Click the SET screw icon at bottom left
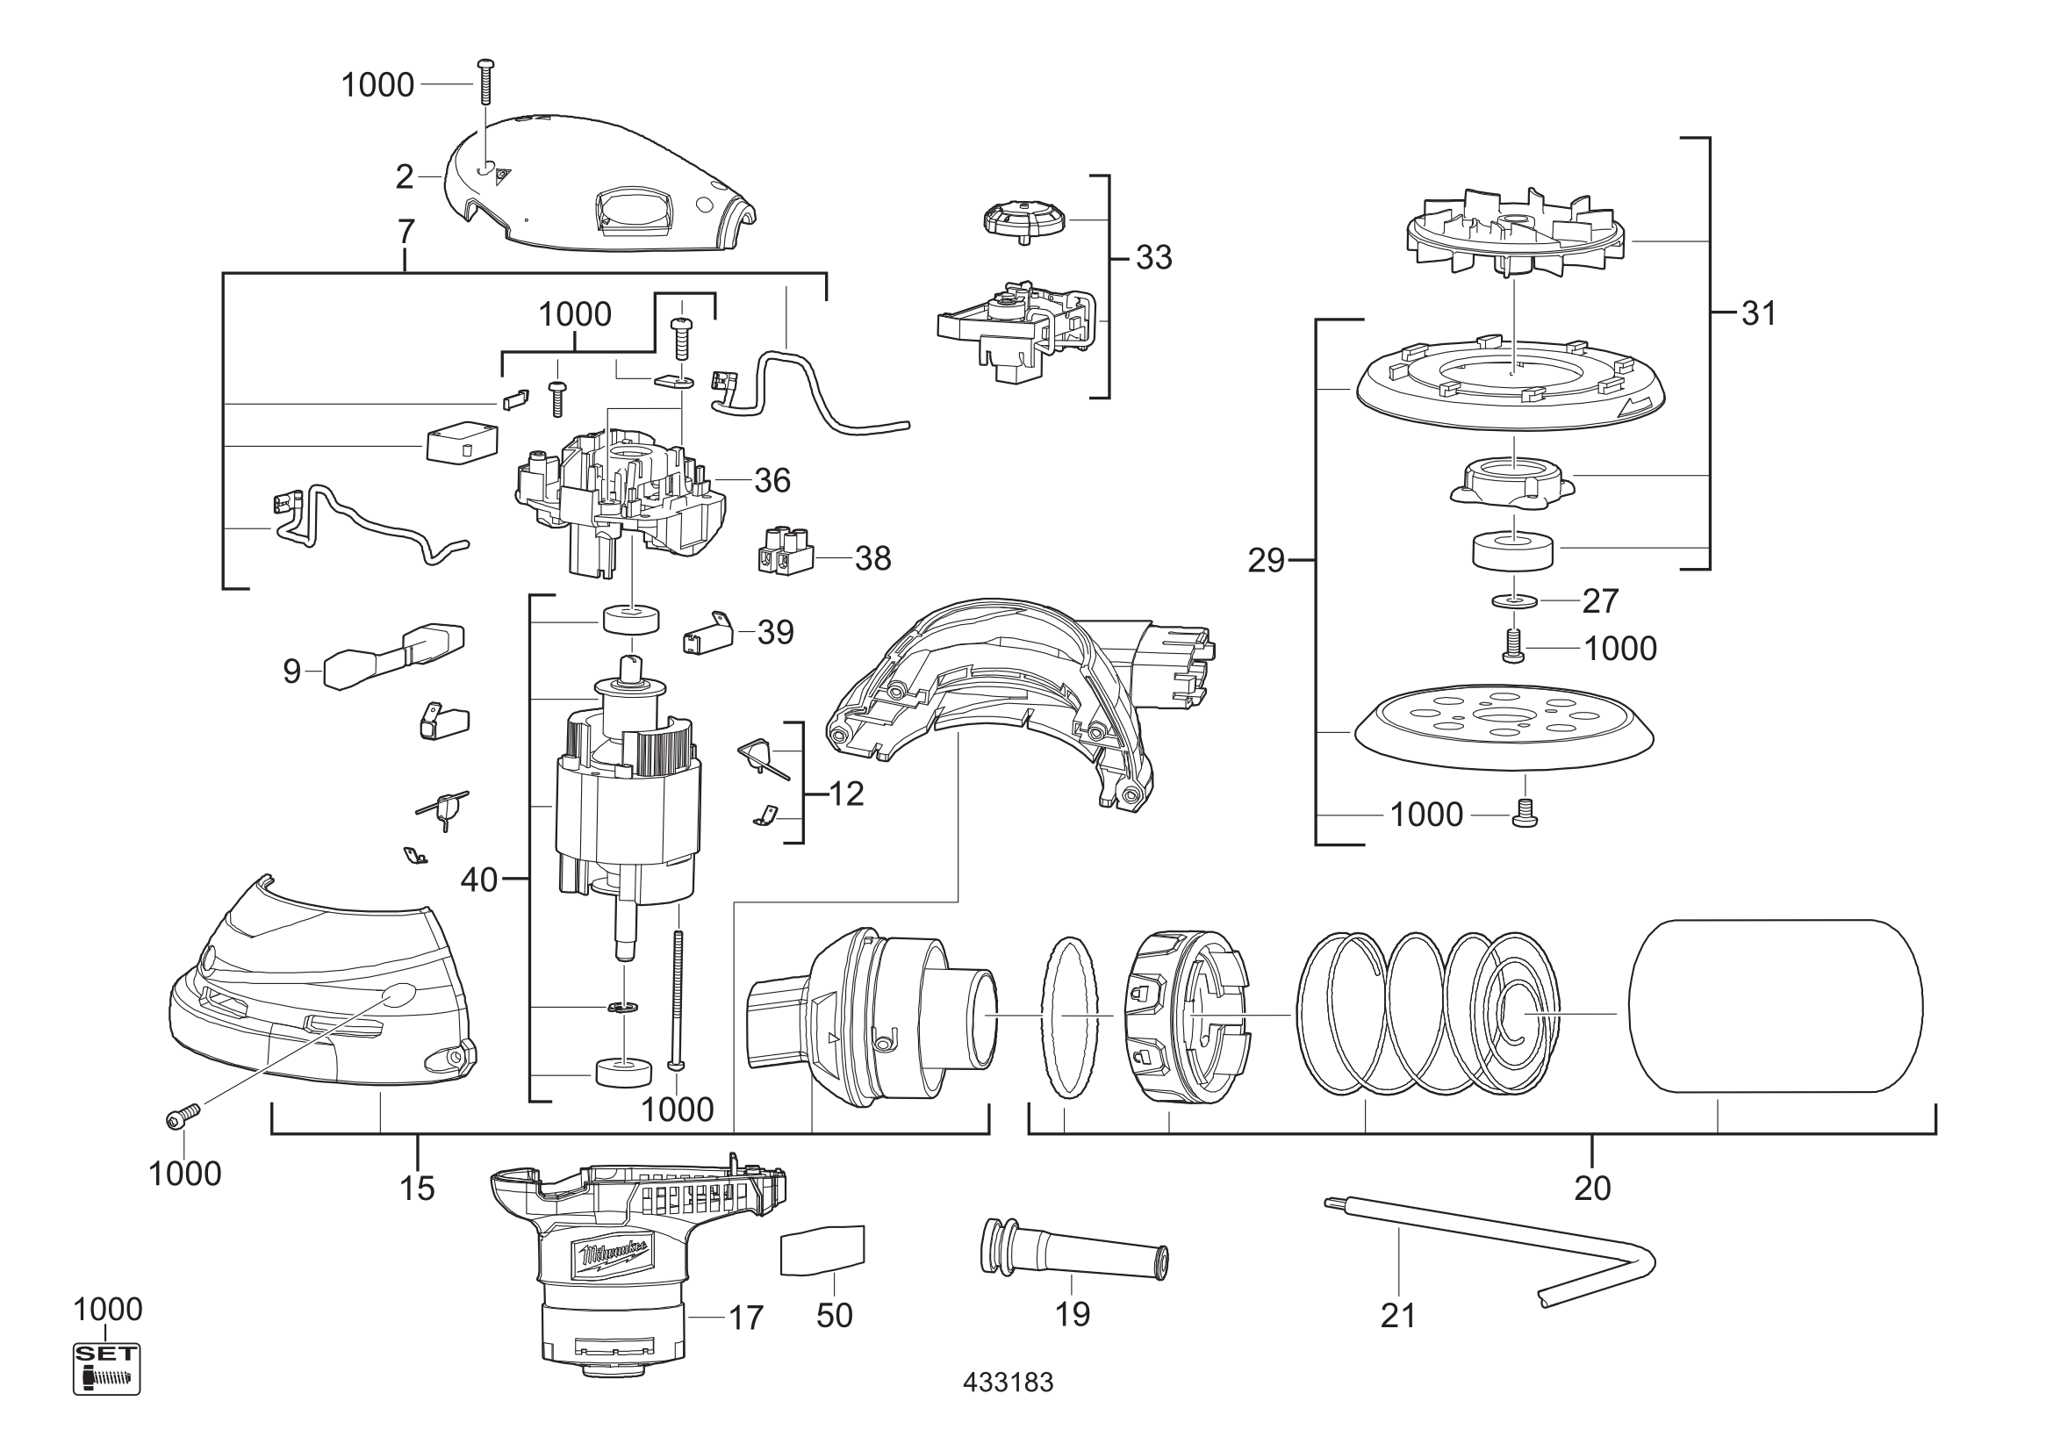106,1368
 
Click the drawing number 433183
1008,1383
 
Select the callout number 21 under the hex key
1398,1316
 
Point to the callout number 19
1072,1314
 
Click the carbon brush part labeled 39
708,636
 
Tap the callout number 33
1153,257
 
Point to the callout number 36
772,481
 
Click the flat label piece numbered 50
823,1250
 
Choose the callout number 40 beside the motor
478,880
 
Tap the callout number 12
846,794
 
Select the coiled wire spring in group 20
1428,1013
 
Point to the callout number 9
291,671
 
